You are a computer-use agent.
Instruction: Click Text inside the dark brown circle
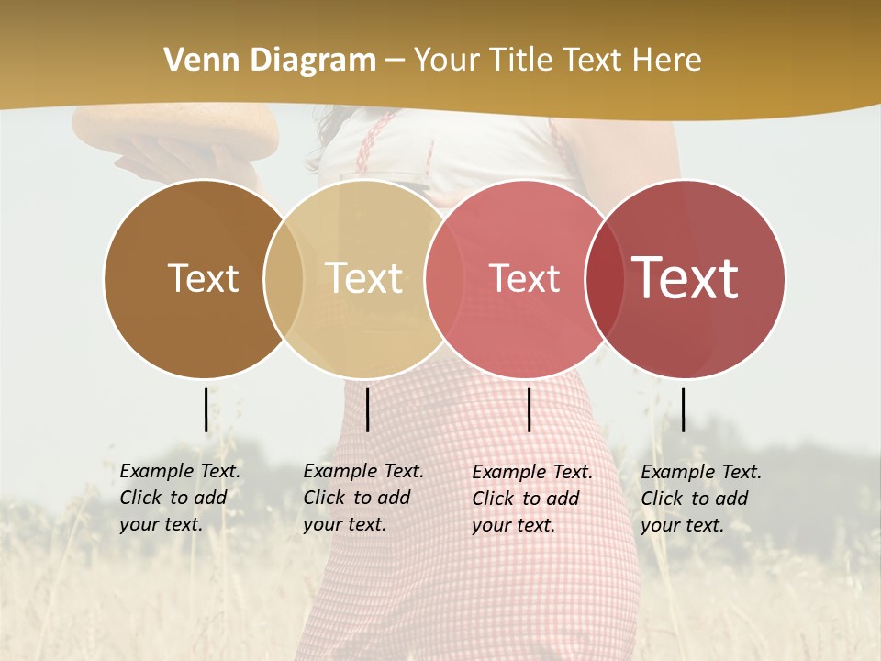203,278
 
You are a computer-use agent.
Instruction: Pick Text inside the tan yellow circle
363,278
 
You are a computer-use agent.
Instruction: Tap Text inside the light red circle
524,278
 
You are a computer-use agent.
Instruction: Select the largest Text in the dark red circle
686,278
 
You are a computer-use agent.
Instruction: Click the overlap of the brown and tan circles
284,279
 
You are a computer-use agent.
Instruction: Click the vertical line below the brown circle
206,409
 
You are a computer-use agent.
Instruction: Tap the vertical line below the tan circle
367,409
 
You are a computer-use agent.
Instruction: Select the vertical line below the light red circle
529,409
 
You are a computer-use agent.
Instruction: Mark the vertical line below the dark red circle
683,409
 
